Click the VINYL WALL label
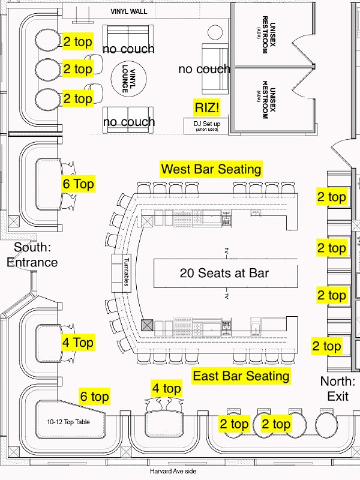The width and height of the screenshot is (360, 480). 128,11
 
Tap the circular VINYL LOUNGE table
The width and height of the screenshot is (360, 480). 128,79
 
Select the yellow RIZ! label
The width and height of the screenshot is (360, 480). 207,108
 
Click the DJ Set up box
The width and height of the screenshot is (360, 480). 206,125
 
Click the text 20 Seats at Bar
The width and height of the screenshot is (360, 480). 224,273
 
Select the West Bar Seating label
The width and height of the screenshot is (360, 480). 211,169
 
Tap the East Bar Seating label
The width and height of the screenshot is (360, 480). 241,376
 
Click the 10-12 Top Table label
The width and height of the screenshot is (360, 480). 68,422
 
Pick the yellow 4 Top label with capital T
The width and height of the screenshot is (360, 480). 78,342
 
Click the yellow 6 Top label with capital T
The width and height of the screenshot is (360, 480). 78,184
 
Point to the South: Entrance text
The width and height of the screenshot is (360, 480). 32,254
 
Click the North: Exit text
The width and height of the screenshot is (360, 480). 338,389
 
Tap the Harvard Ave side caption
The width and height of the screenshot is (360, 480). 173,471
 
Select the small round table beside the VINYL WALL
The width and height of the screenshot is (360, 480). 215,32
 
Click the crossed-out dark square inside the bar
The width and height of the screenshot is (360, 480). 147,325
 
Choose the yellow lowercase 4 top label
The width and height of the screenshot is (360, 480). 167,388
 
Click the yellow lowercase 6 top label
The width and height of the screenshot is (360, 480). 95,397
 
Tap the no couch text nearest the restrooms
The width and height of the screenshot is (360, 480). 204,69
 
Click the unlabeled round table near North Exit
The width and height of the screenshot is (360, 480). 326,424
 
